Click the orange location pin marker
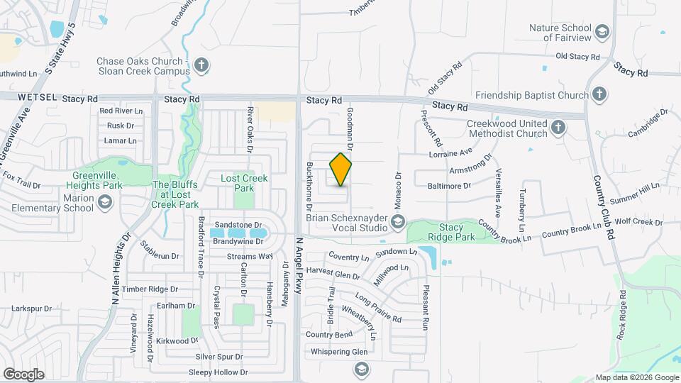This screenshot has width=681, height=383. [341, 170]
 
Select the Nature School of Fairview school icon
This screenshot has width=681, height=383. [602, 33]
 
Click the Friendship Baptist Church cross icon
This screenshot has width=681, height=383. [599, 95]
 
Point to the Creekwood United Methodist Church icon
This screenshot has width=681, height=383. [558, 128]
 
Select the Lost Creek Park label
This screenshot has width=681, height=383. [244, 183]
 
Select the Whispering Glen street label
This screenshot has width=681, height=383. [336, 352]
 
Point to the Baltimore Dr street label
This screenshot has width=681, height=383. [449, 186]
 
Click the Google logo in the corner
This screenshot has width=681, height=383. [23, 374]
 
